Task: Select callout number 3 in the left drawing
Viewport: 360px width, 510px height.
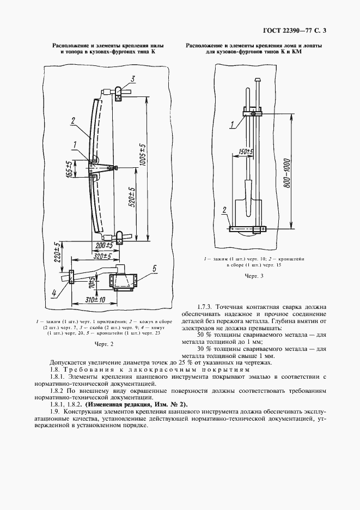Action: [x=131, y=80]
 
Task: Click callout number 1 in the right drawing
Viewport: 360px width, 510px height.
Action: [x=231, y=125]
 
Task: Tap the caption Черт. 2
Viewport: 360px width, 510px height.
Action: [x=101, y=344]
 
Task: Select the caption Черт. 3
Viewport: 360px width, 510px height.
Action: [x=254, y=276]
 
